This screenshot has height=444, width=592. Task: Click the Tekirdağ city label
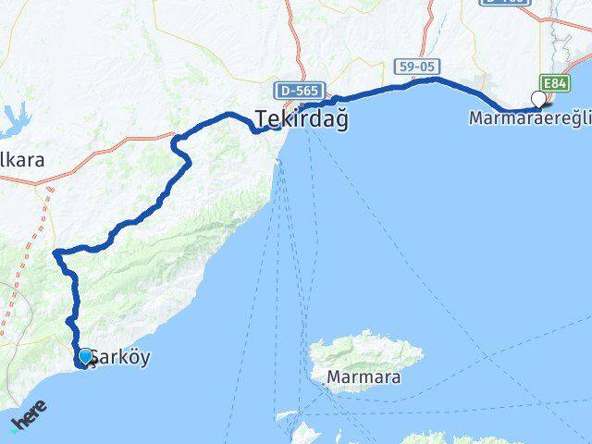(302, 119)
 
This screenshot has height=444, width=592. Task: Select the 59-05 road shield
(418, 67)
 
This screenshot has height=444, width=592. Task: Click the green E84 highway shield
(556, 84)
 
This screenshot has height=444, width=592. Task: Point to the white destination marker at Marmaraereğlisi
(538, 99)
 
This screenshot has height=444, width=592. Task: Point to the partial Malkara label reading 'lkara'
(22, 159)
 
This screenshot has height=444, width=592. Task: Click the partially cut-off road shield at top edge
(505, 3)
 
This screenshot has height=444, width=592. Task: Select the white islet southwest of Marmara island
(287, 416)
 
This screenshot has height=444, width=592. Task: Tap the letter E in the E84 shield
(549, 84)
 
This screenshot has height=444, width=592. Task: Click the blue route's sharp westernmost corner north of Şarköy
(55, 252)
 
